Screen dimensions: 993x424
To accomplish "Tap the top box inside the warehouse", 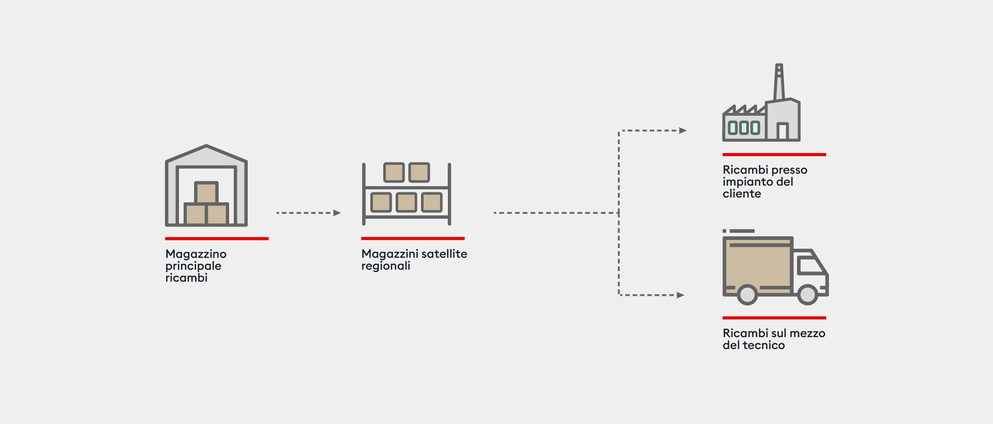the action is coord(206,192).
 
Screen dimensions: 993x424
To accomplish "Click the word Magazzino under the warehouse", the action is coord(196,254).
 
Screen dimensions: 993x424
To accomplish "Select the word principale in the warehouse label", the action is coord(193,266).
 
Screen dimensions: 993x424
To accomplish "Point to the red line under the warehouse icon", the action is coord(217,238).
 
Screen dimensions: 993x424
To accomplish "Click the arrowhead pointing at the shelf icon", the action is coord(337,213).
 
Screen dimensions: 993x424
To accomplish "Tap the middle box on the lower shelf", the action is coord(407,202).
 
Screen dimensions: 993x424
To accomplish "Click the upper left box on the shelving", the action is coord(394,172).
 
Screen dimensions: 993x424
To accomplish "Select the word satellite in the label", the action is coord(444,254).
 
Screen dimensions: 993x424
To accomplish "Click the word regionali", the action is coord(386,266).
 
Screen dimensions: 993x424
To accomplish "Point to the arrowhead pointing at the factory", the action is coord(683,130).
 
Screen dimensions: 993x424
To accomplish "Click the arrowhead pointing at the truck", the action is coord(680,295).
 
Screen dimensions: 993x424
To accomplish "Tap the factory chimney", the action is coord(779,82).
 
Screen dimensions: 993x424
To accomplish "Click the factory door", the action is coord(783,131).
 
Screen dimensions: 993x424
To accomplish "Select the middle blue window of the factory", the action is coord(744,128).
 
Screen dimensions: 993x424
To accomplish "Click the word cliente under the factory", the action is coord(742,194).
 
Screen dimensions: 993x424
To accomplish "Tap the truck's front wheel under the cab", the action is coord(807,295).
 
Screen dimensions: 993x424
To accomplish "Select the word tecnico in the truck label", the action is coord(764,345).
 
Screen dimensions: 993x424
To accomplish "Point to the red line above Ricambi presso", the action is coord(774,155).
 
